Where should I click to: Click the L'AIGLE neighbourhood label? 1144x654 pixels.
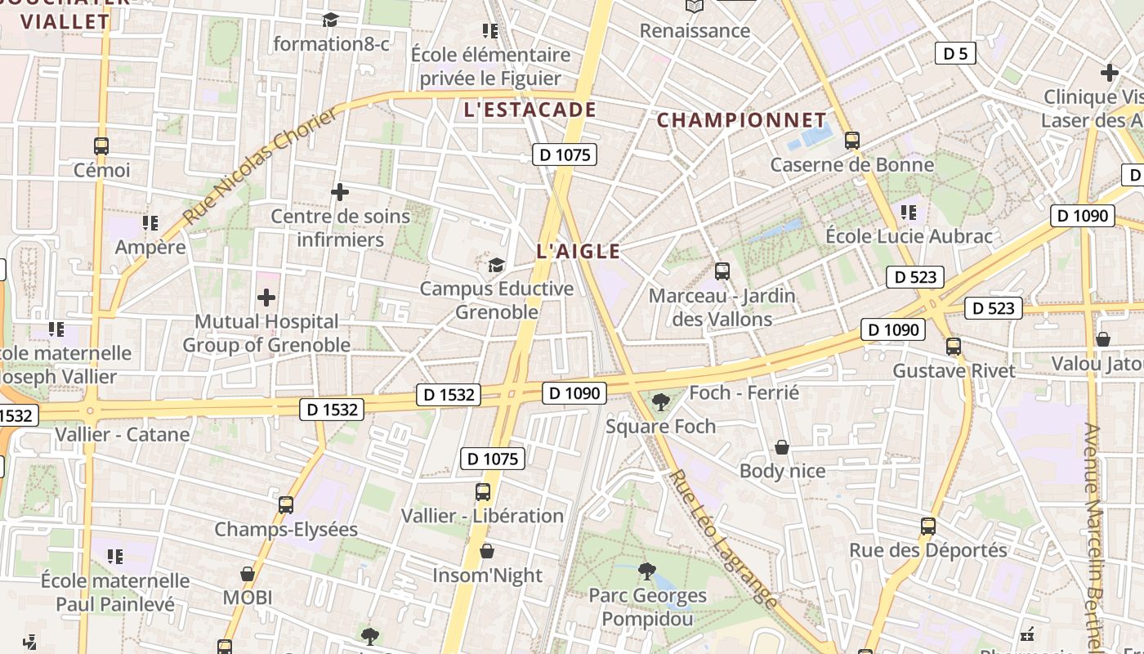pyautogui.click(x=579, y=252)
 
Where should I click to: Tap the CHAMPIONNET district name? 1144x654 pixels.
pyautogui.click(x=742, y=120)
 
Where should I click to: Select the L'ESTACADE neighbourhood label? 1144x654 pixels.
pyautogui.click(x=530, y=110)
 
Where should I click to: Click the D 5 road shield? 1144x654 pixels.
pyautogui.click(x=954, y=54)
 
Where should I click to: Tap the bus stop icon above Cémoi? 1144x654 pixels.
pyautogui.click(x=101, y=146)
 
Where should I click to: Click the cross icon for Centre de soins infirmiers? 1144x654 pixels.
pyautogui.click(x=340, y=192)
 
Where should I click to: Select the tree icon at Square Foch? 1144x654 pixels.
pyautogui.click(x=660, y=401)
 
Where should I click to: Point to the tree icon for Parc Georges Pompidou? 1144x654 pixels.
pyautogui.click(x=647, y=571)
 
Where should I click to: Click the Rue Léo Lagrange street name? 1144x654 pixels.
pyautogui.click(x=724, y=540)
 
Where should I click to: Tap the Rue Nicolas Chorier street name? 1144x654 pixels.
pyautogui.click(x=260, y=167)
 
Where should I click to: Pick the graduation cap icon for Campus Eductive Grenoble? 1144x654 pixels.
pyautogui.click(x=496, y=265)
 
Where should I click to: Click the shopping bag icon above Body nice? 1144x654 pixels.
pyautogui.click(x=782, y=447)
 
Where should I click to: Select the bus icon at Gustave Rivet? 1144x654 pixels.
pyautogui.click(x=954, y=346)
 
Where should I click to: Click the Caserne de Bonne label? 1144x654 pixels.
pyautogui.click(x=851, y=165)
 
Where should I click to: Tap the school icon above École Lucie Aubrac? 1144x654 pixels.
pyautogui.click(x=908, y=213)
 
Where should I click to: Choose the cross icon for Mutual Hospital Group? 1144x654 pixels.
pyautogui.click(x=266, y=298)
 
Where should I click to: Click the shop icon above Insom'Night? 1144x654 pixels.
pyautogui.click(x=487, y=551)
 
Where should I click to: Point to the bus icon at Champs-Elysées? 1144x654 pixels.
pyautogui.click(x=285, y=504)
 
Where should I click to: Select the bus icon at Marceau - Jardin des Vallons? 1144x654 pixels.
pyautogui.click(x=722, y=271)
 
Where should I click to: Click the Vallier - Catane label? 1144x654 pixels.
pyautogui.click(x=123, y=434)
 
